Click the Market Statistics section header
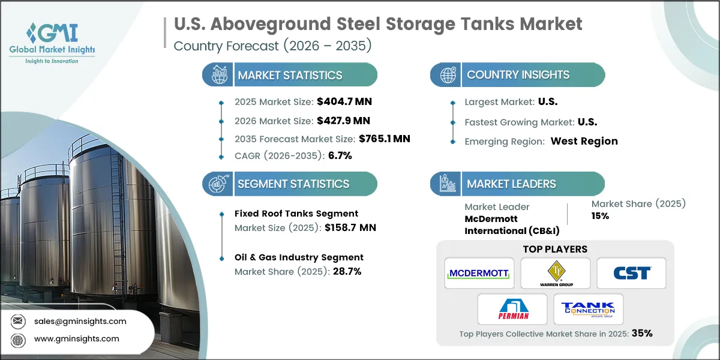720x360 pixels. coord(290,75)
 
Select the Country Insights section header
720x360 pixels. coord(518,75)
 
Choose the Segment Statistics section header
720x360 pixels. coord(293,184)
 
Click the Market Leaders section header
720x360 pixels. coord(511,184)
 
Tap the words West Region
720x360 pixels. coord(584,141)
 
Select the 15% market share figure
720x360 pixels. coord(600,216)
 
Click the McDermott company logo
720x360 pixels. coord(479,274)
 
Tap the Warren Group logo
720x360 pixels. coord(555,274)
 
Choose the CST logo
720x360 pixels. coord(631,274)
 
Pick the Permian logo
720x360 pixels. coord(512,309)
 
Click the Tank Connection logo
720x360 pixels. coord(588,309)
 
